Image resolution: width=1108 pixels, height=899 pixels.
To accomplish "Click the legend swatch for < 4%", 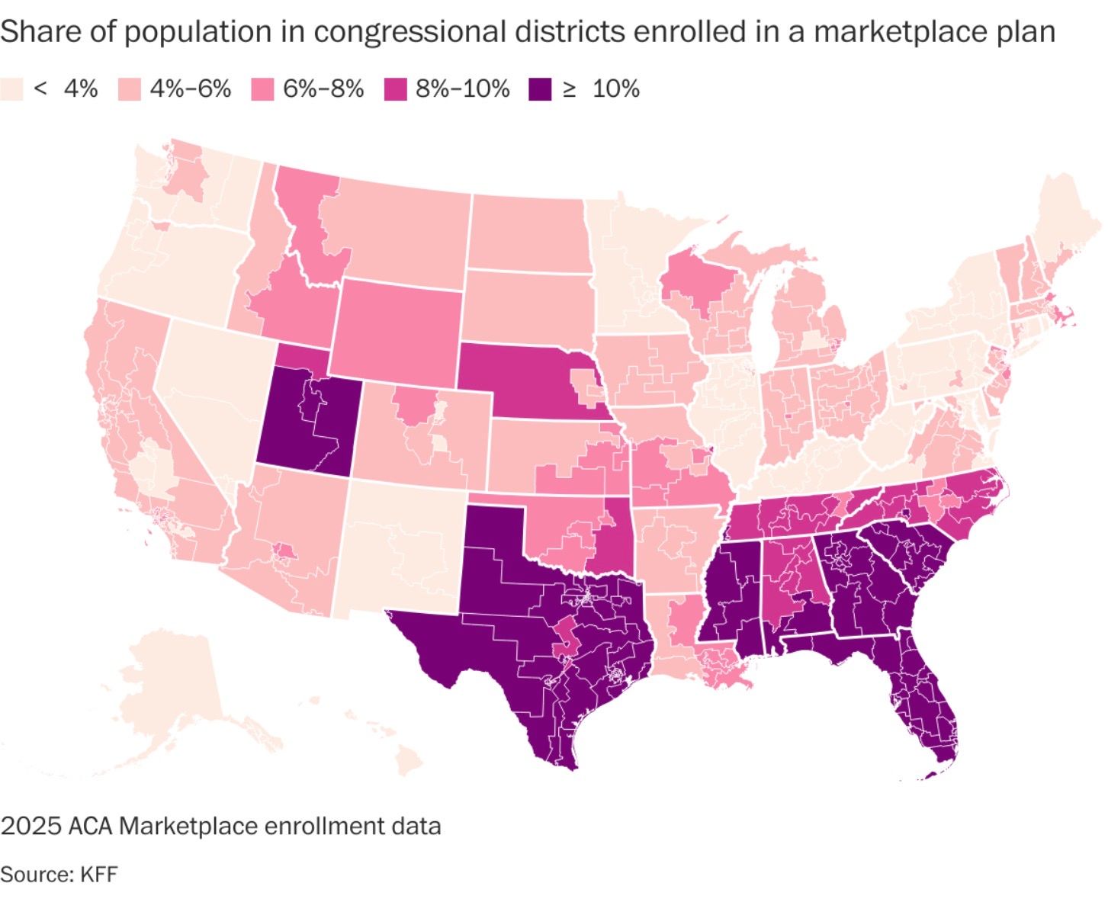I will click(x=12, y=89).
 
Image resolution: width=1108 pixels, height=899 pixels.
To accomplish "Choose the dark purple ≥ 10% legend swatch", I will click(x=540, y=89).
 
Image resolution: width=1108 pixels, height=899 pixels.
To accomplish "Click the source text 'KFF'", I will click(x=98, y=874).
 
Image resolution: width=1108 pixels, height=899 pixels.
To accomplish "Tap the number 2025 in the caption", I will click(x=31, y=826).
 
